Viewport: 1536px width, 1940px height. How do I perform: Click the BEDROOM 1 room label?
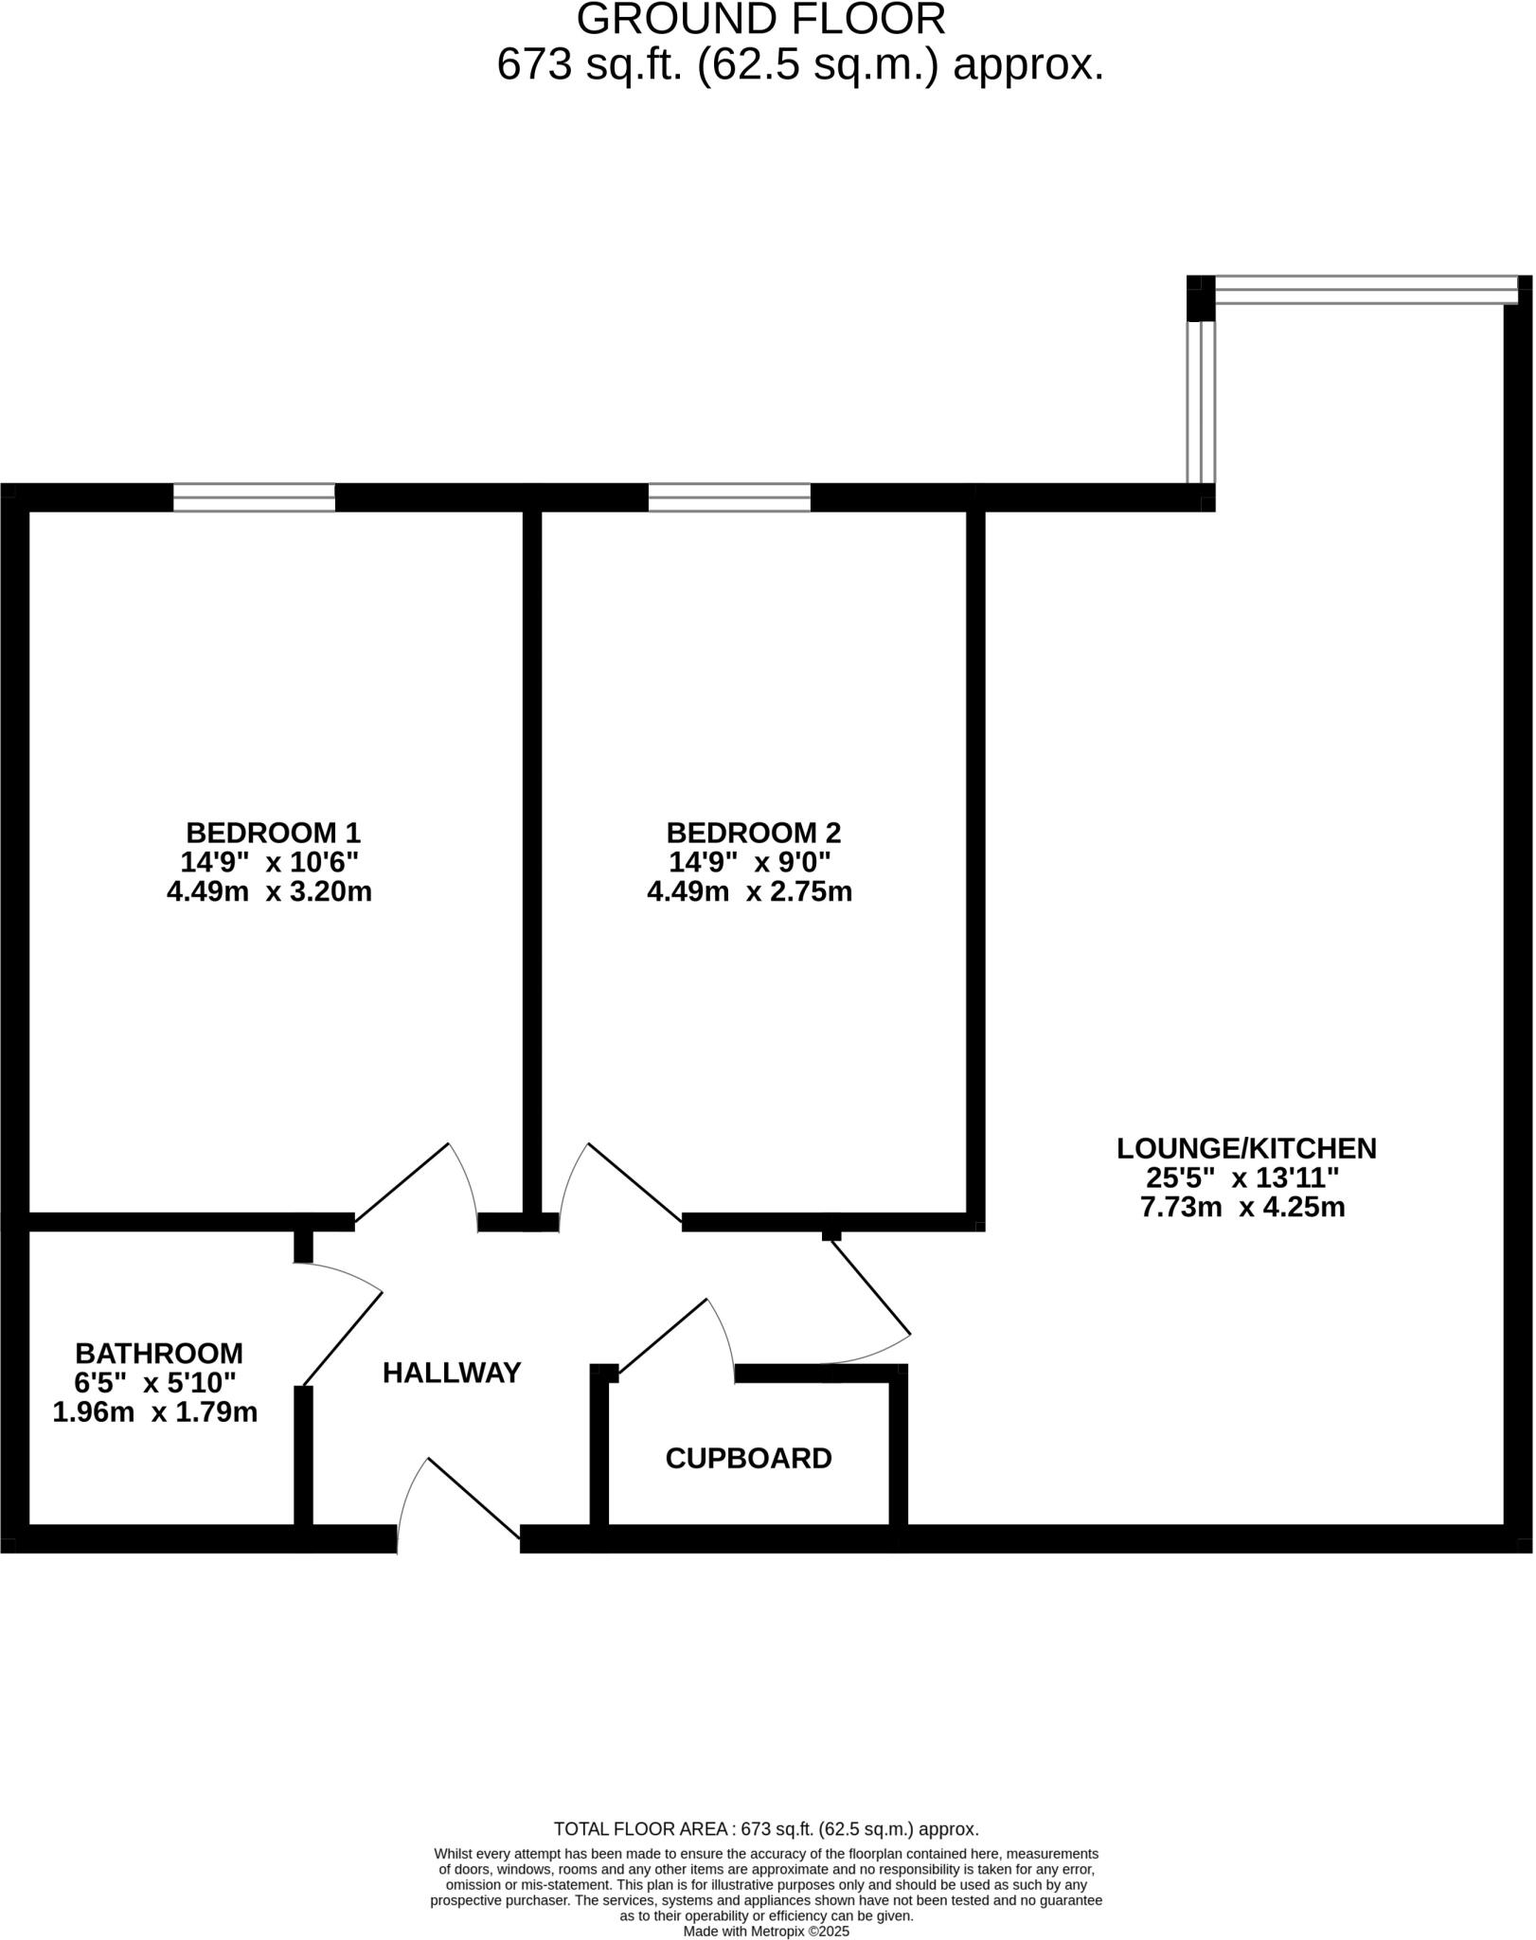coord(273,833)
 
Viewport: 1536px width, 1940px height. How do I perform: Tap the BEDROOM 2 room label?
coord(754,833)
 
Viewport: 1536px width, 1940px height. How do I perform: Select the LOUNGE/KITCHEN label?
coord(1246,1148)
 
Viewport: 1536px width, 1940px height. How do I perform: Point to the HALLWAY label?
coord(452,1373)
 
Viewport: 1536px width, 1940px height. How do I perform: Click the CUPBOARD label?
coord(748,1458)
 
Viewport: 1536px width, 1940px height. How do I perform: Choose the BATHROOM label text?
coord(159,1353)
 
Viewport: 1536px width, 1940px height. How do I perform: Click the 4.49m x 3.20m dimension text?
coord(269,891)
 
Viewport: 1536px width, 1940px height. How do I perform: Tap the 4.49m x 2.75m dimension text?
coord(749,891)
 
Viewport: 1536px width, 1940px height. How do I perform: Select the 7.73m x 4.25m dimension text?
coord(1242,1207)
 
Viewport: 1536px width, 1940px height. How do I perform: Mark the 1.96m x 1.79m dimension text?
coord(155,1412)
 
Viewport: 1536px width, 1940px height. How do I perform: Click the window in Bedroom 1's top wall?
coord(254,497)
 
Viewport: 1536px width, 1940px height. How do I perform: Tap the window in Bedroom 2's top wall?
coord(729,497)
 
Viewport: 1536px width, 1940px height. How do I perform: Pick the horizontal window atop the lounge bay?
coord(1365,290)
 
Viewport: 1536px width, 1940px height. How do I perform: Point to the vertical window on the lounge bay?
coord(1201,403)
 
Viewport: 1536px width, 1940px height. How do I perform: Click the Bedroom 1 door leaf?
coord(402,1182)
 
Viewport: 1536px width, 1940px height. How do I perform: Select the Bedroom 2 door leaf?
coord(634,1182)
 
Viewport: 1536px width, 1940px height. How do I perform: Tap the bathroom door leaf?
coord(342,1338)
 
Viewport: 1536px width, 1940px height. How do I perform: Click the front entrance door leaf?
coord(473,1498)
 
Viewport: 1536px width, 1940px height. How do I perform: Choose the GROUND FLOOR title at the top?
coord(760,19)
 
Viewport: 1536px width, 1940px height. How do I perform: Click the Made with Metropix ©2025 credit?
coord(766,1931)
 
